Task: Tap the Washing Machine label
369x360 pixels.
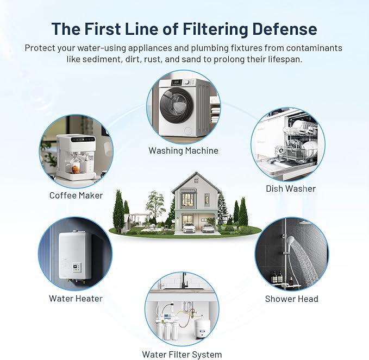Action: click(x=184, y=150)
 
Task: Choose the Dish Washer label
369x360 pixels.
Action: click(x=291, y=188)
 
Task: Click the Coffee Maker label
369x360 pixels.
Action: click(x=76, y=195)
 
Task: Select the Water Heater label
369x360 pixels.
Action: click(x=76, y=298)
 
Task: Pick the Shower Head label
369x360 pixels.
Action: click(x=291, y=299)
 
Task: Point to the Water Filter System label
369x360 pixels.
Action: click(x=182, y=355)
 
